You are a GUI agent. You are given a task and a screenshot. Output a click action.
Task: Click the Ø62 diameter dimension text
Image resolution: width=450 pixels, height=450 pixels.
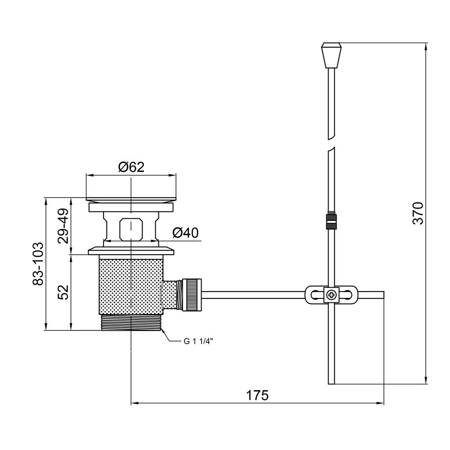coord(131,167)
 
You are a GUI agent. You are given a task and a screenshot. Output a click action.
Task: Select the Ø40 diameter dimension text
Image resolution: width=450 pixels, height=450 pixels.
coord(185,233)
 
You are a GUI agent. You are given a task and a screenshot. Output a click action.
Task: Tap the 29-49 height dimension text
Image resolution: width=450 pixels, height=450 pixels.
coord(63,225)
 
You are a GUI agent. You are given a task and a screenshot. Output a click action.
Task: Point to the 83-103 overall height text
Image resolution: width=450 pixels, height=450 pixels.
coord(38,264)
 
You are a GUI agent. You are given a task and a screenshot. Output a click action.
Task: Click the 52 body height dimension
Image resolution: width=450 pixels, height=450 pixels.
coord(63,292)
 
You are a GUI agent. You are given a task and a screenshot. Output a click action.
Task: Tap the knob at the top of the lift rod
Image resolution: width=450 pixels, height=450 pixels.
coord(331,55)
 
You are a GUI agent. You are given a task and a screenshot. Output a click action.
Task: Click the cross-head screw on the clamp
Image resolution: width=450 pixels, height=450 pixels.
coord(332,295)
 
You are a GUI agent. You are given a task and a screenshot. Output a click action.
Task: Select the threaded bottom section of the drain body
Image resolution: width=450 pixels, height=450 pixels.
coord(130,323)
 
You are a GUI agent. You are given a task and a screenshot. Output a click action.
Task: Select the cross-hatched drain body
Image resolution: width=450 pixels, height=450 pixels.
coord(130,286)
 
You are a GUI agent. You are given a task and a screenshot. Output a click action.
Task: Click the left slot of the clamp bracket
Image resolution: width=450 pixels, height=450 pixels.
coord(314,295)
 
